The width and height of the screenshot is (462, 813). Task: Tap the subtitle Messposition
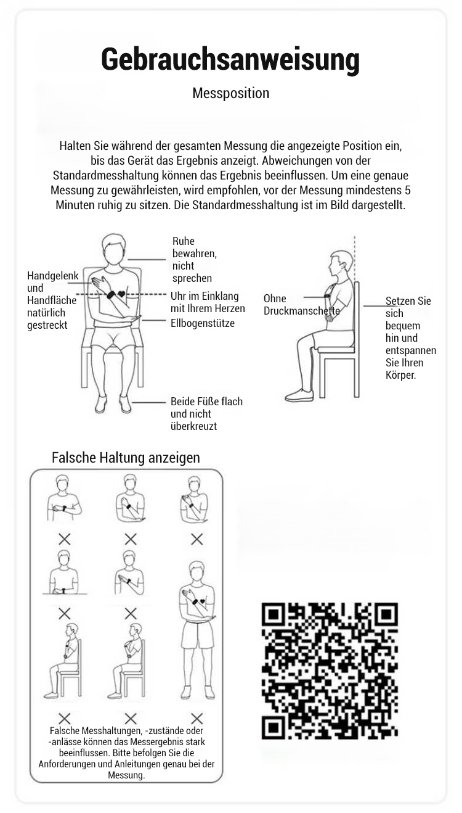(x=231, y=93)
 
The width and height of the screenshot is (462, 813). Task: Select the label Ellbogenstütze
(x=203, y=323)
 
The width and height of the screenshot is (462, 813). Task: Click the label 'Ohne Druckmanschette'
(x=301, y=305)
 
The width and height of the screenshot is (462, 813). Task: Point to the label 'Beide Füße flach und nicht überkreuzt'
(x=206, y=414)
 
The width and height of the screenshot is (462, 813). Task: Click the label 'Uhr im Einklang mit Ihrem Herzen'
(x=208, y=302)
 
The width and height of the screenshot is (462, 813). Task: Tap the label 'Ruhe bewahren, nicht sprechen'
(x=194, y=260)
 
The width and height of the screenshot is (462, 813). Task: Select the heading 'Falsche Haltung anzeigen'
(x=126, y=457)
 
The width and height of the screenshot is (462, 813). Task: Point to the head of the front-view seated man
(x=114, y=247)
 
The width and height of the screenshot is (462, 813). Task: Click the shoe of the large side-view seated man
(x=299, y=395)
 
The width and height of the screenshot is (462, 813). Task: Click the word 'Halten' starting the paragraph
(x=75, y=146)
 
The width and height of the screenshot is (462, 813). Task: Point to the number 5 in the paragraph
(x=408, y=190)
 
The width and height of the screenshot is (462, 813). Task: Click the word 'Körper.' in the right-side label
(x=401, y=375)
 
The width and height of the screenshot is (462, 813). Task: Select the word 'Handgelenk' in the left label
(x=53, y=276)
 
